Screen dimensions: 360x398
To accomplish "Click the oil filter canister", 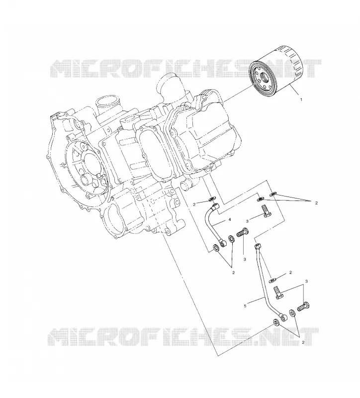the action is [x=276, y=71].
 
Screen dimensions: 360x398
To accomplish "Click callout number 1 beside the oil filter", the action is [x=301, y=100].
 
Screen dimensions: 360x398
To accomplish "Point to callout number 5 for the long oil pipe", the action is [x=245, y=306].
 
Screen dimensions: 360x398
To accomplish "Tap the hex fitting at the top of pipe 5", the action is [x=258, y=246].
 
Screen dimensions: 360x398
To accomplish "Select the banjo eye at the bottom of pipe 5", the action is [x=283, y=317].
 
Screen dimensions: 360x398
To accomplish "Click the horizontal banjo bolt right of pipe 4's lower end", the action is [x=243, y=232].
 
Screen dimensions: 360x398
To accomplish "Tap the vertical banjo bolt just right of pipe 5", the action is [x=278, y=293].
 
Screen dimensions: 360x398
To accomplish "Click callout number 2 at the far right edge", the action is [x=316, y=203].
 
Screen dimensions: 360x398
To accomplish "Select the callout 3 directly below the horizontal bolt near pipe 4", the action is [x=245, y=259].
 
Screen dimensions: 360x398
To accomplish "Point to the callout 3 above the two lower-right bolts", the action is [x=306, y=281].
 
